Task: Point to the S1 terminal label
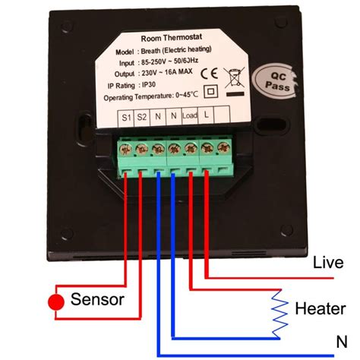click(x=126, y=118)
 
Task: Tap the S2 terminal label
click(x=143, y=118)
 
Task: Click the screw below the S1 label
click(x=127, y=147)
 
